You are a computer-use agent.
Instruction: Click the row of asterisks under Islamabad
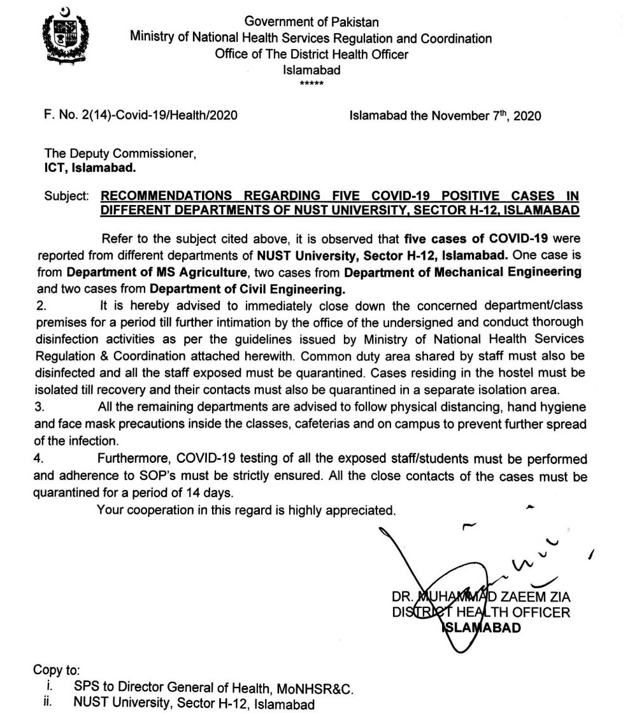311,83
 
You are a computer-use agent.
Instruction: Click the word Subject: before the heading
66,196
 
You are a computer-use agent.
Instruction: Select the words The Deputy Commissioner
118,154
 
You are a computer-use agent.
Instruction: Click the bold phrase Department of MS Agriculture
150,272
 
